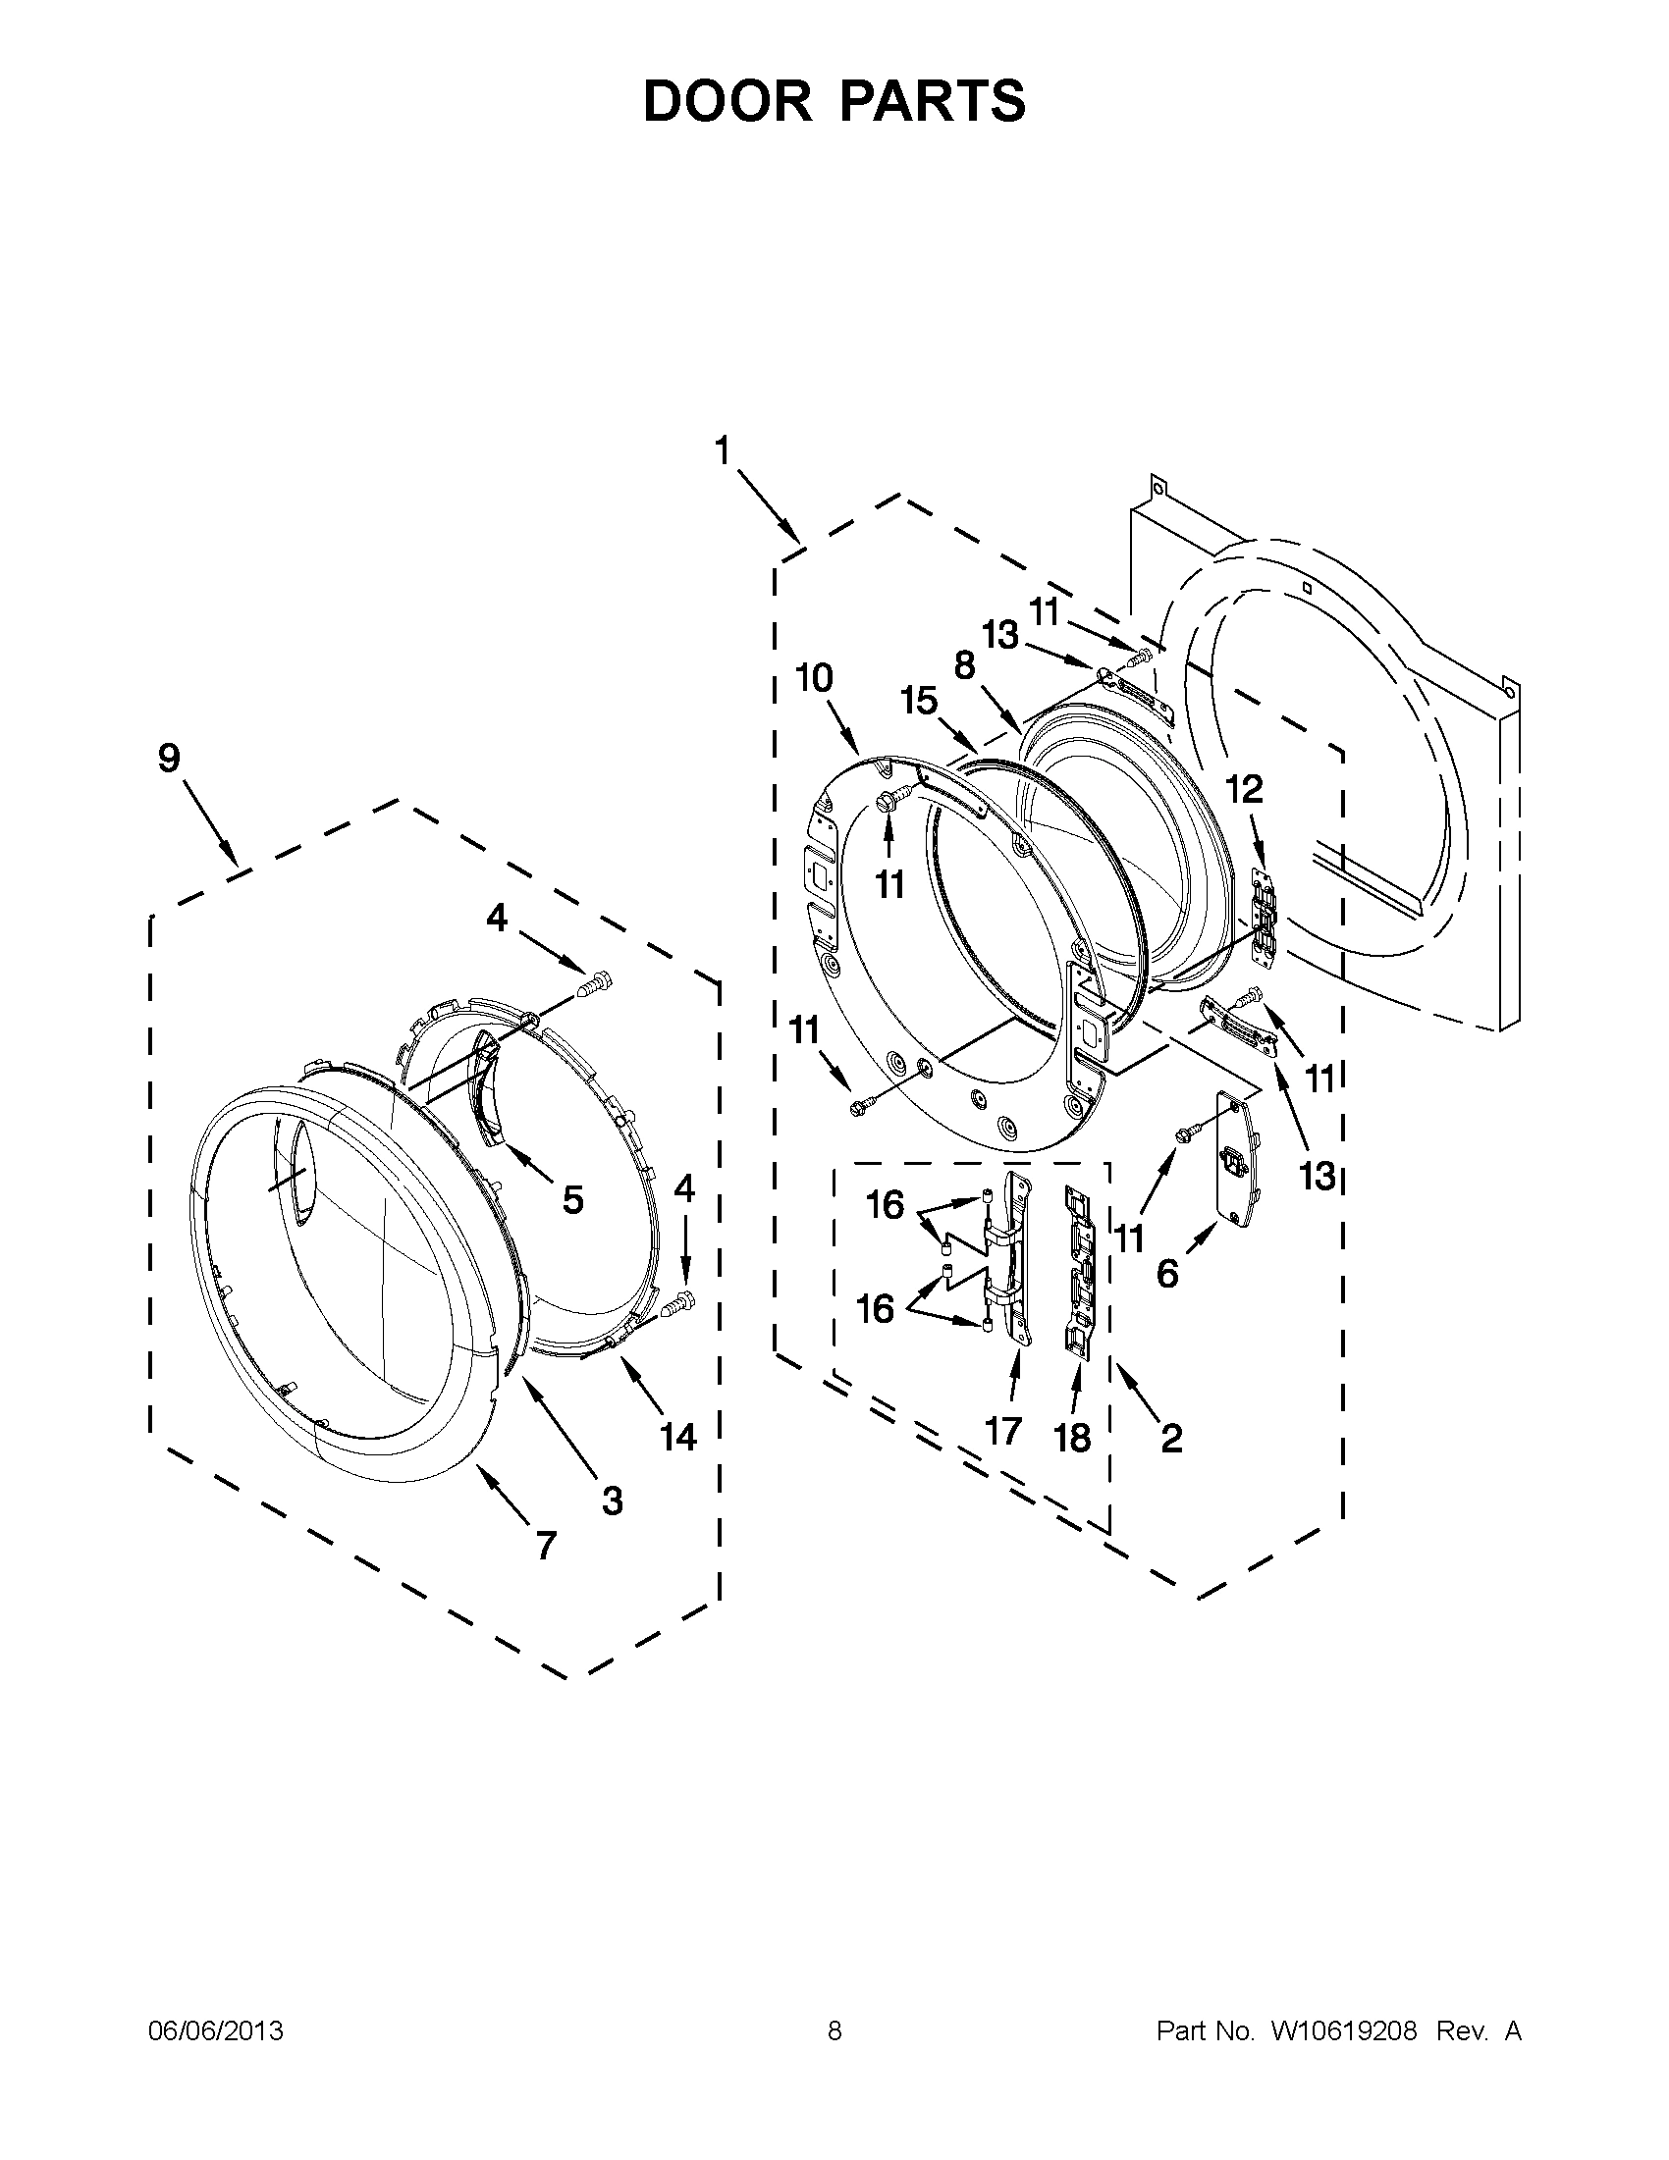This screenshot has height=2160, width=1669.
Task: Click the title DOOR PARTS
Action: tap(834, 101)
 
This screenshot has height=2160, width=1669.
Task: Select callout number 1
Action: tap(723, 451)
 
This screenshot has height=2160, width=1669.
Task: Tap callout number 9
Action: tap(169, 759)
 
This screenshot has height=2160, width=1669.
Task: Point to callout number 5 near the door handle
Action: tap(572, 1200)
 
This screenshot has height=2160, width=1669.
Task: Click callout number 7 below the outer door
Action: tap(546, 1545)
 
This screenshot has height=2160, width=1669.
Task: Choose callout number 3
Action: tap(613, 1501)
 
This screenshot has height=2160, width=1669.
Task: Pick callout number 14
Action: tap(678, 1437)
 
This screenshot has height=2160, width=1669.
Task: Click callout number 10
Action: tap(813, 678)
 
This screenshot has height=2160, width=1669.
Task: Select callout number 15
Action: tap(918, 702)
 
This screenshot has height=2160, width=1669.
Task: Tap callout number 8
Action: tap(965, 664)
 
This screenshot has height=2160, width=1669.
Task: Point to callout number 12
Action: tap(1245, 789)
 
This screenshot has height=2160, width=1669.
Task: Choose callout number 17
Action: tap(1003, 1430)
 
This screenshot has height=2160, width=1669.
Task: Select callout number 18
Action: tap(1072, 1438)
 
